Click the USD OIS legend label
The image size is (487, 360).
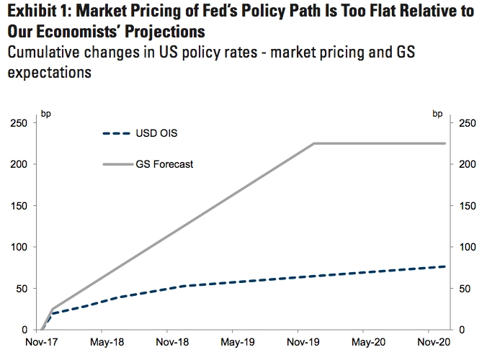pos(156,133)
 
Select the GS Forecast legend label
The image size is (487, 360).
pos(164,164)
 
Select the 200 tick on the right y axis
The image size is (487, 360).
pos(468,164)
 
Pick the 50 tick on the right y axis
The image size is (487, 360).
pos(465,289)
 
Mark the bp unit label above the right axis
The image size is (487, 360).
pos(437,112)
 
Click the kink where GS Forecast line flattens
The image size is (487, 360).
pos(315,143)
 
